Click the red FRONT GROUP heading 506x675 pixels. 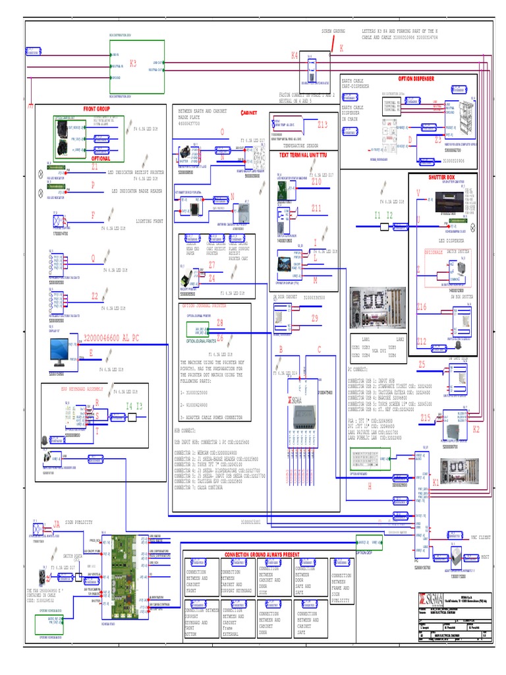(x=96, y=109)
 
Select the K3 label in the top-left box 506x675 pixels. (x=133, y=63)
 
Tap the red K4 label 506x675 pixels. (x=295, y=56)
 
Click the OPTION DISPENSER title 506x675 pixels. (x=416, y=78)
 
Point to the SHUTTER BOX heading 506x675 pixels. (x=441, y=177)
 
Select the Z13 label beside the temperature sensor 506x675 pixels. (x=322, y=124)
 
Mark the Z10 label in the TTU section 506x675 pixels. (x=316, y=181)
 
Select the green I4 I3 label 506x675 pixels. (x=134, y=406)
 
